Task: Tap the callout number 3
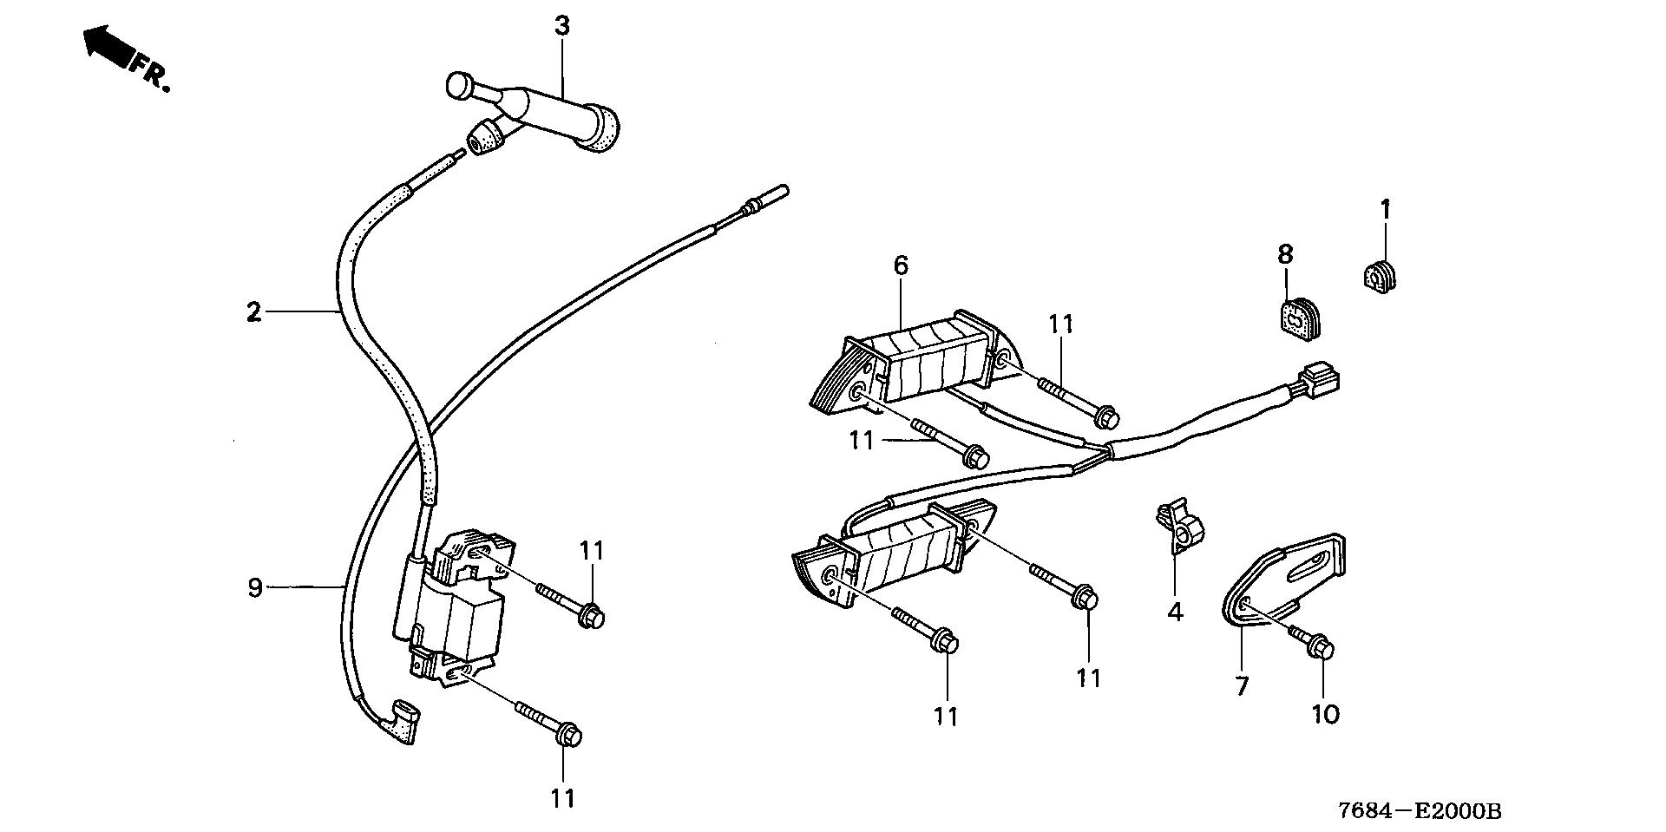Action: (x=562, y=26)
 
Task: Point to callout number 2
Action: (x=253, y=311)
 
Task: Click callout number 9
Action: (x=254, y=588)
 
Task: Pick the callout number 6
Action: (x=901, y=265)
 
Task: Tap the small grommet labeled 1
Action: (x=1379, y=277)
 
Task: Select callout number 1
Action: (x=1386, y=210)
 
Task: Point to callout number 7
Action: (x=1242, y=686)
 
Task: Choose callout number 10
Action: (x=1326, y=714)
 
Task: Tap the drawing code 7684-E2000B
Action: (x=1420, y=811)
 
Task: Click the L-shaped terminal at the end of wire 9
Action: (x=403, y=718)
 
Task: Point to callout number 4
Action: (x=1175, y=613)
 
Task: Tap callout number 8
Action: (x=1285, y=254)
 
